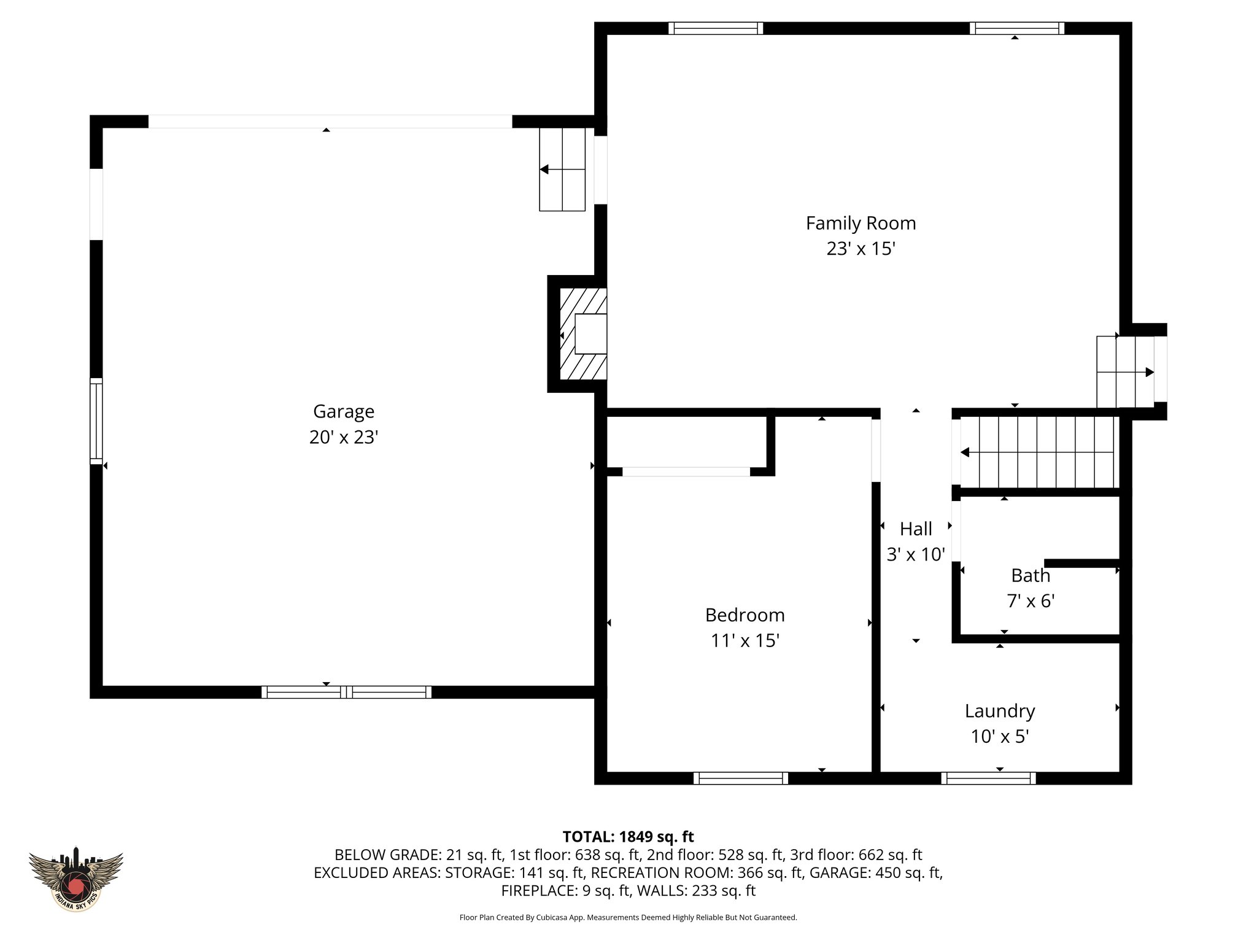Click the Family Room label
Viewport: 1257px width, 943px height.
pos(861,223)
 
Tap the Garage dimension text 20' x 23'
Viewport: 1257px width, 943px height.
pos(343,437)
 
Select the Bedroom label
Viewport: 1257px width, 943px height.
pos(745,615)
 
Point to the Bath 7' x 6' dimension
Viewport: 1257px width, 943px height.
pos(1031,601)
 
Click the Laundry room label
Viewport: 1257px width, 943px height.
pos(1000,711)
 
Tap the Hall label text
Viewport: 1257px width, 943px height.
pos(916,529)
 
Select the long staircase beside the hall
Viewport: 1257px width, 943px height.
pos(1037,452)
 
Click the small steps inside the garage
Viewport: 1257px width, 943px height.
pos(562,169)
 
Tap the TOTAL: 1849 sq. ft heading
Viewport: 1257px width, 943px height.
pos(628,837)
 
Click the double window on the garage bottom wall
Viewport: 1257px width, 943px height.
pos(347,692)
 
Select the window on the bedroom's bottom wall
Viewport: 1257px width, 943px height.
pos(741,778)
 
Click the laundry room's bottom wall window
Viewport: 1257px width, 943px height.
pos(988,778)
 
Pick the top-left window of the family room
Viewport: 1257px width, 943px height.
pos(716,28)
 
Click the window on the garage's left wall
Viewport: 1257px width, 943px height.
pos(96,421)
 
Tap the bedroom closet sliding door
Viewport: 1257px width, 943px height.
pos(686,471)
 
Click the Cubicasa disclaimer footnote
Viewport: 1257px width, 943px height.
pos(628,918)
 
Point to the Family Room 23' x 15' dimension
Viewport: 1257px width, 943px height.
pos(861,249)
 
